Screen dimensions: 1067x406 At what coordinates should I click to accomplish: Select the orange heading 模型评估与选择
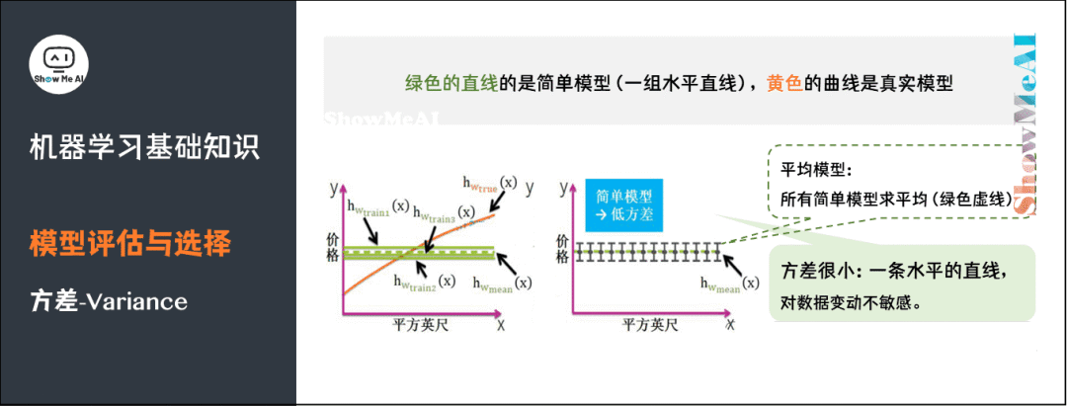130,243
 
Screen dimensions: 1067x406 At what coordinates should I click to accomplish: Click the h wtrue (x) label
488,184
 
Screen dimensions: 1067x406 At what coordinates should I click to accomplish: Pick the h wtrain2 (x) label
424,283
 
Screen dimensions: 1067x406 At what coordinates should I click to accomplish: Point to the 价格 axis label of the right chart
562,248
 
